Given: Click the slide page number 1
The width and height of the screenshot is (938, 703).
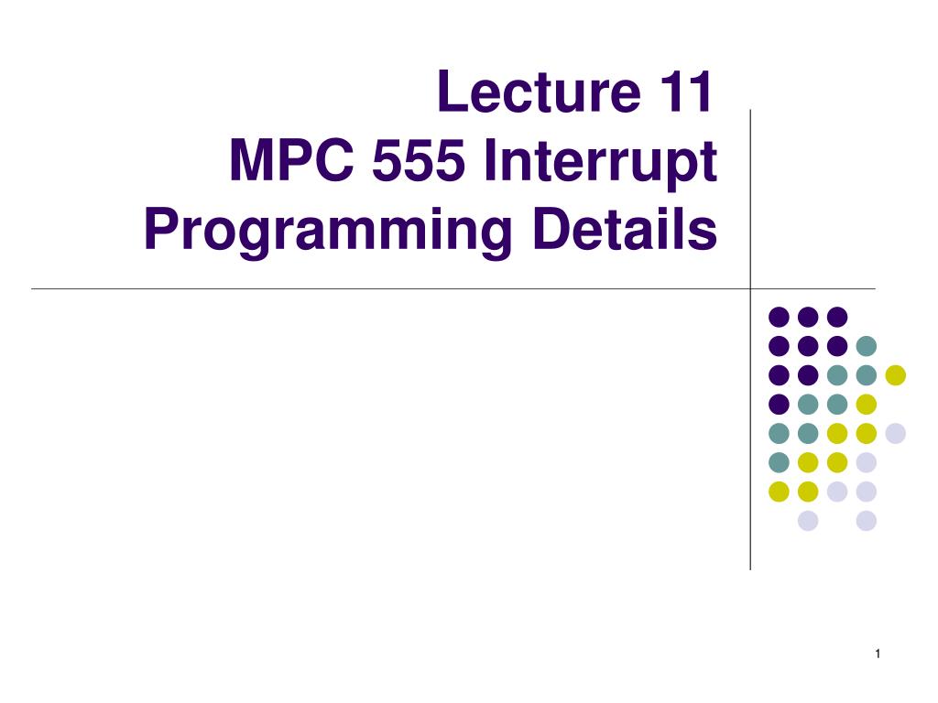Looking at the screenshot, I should (x=877, y=653).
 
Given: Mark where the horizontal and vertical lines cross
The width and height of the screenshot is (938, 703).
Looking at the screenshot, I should (x=750, y=289).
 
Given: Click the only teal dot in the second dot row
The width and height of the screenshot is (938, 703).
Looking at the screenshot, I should (x=866, y=346).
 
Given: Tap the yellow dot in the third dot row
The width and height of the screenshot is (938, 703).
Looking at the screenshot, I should (x=895, y=375).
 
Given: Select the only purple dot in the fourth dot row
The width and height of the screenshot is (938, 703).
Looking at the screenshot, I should (x=779, y=404).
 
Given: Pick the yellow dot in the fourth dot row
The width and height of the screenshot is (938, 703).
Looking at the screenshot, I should (x=866, y=404).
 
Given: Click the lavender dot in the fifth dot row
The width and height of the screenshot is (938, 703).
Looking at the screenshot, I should (x=895, y=433).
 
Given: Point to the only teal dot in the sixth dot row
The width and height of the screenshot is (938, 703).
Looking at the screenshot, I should (x=779, y=462).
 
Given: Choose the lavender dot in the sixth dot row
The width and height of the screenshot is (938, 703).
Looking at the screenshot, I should (x=866, y=462).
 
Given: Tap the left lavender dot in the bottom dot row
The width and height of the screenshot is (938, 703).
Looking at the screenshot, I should (x=808, y=521).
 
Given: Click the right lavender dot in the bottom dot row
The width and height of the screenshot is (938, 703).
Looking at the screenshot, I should (x=866, y=521).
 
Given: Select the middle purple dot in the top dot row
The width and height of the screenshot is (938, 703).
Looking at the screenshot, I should (x=808, y=317).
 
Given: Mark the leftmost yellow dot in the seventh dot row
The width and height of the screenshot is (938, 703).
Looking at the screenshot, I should (x=779, y=492).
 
